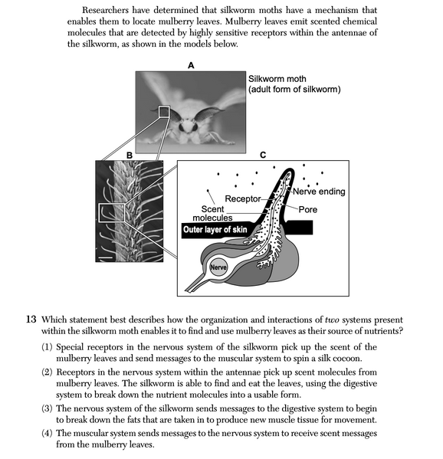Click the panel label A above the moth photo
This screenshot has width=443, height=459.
tap(191, 66)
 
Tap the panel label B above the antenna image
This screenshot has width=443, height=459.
tap(130, 155)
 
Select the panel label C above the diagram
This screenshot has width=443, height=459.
tap(263, 155)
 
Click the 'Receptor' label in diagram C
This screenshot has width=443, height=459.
tap(223, 199)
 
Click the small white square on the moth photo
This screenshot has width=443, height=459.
tap(163, 112)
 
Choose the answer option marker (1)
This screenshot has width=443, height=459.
tap(48, 347)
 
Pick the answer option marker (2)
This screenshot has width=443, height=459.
tap(48, 376)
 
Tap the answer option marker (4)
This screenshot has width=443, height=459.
tap(48, 434)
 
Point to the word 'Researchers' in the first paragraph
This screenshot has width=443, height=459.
tap(107, 10)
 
